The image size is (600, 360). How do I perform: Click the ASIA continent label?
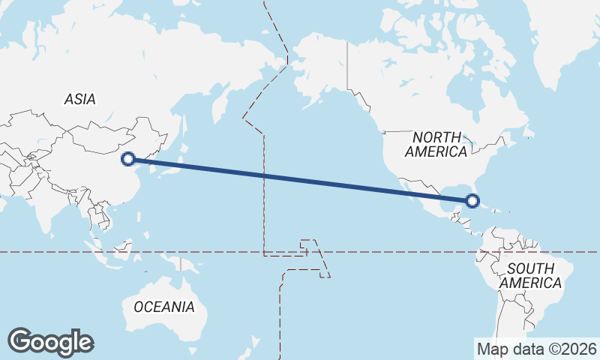pos(79,99)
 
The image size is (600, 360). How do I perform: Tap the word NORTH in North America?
pos(436,137)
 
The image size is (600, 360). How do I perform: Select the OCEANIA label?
pos(163,307)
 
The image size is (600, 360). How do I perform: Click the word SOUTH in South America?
pos(530,268)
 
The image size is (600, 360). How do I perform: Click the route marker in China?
pos(128,158)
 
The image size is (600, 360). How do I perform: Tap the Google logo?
pos(50,342)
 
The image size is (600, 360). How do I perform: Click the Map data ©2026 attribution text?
pos(537,349)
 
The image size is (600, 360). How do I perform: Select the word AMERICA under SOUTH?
pos(530,283)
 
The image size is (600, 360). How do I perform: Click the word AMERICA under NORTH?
pos(436,151)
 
